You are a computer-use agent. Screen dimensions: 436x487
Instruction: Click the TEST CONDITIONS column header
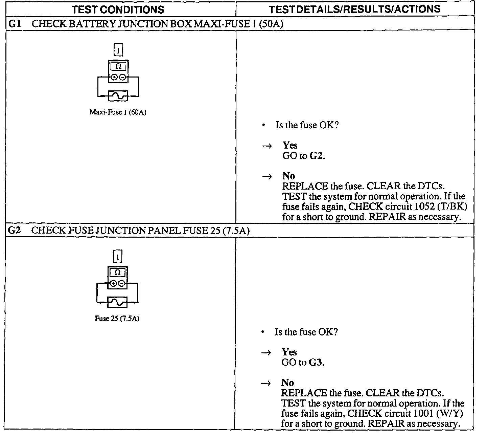coord(118,9)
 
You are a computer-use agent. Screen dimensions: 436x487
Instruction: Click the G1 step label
coord(14,24)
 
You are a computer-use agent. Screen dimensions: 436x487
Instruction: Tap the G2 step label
coord(14,231)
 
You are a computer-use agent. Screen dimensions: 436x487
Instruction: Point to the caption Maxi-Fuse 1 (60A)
coord(118,112)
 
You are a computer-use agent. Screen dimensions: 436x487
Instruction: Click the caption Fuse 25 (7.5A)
coord(117,319)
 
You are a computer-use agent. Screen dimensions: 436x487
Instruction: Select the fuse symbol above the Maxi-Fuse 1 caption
coord(118,96)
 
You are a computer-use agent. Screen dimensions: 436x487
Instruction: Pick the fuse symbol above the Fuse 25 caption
coord(117,302)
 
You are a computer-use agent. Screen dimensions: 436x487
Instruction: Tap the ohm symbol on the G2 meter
coord(117,272)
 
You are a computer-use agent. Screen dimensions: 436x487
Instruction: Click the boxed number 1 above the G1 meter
coord(118,50)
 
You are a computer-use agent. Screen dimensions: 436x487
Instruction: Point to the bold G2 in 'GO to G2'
coord(316,156)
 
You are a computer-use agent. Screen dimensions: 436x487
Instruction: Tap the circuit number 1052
coord(424,206)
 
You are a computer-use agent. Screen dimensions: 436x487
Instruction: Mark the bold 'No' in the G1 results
coord(288,176)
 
